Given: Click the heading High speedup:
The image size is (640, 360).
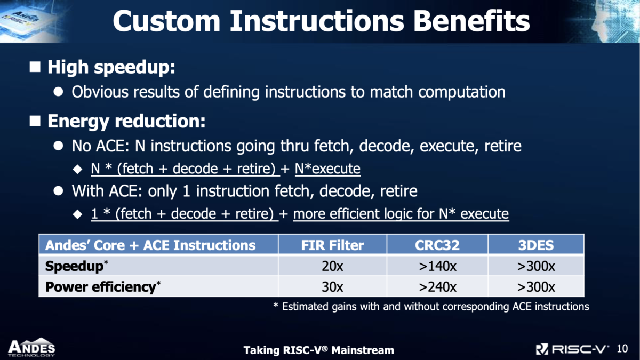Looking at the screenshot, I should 111,68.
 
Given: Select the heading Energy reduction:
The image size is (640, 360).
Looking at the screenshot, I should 126,122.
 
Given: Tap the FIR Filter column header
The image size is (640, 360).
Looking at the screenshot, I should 332,245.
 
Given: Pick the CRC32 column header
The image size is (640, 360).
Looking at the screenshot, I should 437,245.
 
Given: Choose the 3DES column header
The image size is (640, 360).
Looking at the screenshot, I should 536,245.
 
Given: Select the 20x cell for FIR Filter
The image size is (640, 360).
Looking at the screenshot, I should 332,266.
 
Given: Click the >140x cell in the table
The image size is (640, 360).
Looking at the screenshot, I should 437,266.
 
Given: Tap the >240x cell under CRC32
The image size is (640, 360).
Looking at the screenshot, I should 437,287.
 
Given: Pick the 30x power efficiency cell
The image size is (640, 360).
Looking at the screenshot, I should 332,287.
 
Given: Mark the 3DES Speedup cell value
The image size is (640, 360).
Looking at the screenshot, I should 536,266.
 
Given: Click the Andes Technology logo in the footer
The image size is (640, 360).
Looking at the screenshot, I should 31,347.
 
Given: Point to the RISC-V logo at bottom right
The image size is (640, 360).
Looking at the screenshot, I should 572,349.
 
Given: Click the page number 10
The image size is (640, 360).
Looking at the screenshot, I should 621,349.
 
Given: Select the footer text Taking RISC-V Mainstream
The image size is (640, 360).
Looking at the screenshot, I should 318,350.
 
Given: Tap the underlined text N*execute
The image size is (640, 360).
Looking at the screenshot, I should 327,170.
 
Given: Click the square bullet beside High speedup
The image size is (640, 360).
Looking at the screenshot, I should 35,67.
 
